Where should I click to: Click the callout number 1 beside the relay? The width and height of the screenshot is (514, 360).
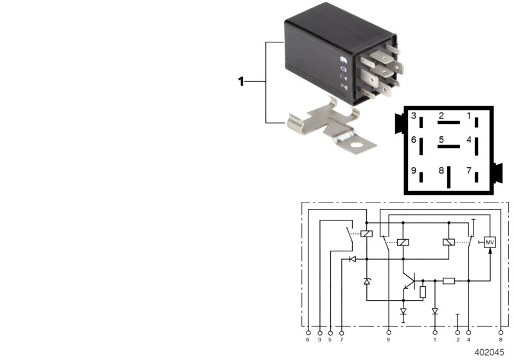(241, 82)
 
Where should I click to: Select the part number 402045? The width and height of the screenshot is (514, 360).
(490, 352)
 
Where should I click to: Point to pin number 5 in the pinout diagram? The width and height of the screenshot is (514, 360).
(441, 139)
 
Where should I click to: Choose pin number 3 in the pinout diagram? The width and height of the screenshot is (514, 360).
(414, 116)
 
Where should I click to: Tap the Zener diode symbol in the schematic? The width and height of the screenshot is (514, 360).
(367, 281)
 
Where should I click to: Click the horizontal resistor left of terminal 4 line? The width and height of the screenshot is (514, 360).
(449, 281)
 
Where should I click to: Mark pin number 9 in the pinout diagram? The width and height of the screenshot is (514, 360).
(414, 170)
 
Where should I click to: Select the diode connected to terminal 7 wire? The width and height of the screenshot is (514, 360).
(351, 259)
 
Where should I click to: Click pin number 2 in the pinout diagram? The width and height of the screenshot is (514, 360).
(441, 116)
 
